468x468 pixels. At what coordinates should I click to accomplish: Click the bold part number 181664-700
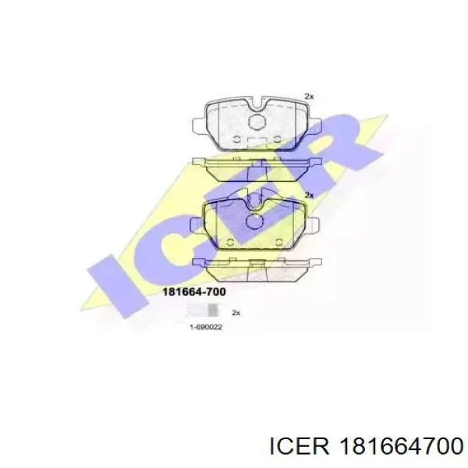(193, 292)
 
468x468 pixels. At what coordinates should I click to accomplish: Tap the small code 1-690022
(206, 328)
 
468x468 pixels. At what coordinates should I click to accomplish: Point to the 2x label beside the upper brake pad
(309, 97)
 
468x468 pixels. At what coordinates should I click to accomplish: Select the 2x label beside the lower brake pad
(309, 195)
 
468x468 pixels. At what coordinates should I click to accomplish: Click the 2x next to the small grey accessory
(236, 313)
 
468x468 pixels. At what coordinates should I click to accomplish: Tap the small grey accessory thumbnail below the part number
(201, 310)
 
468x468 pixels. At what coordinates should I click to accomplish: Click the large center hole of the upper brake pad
(257, 122)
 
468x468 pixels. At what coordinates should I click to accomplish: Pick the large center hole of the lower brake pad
(254, 222)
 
